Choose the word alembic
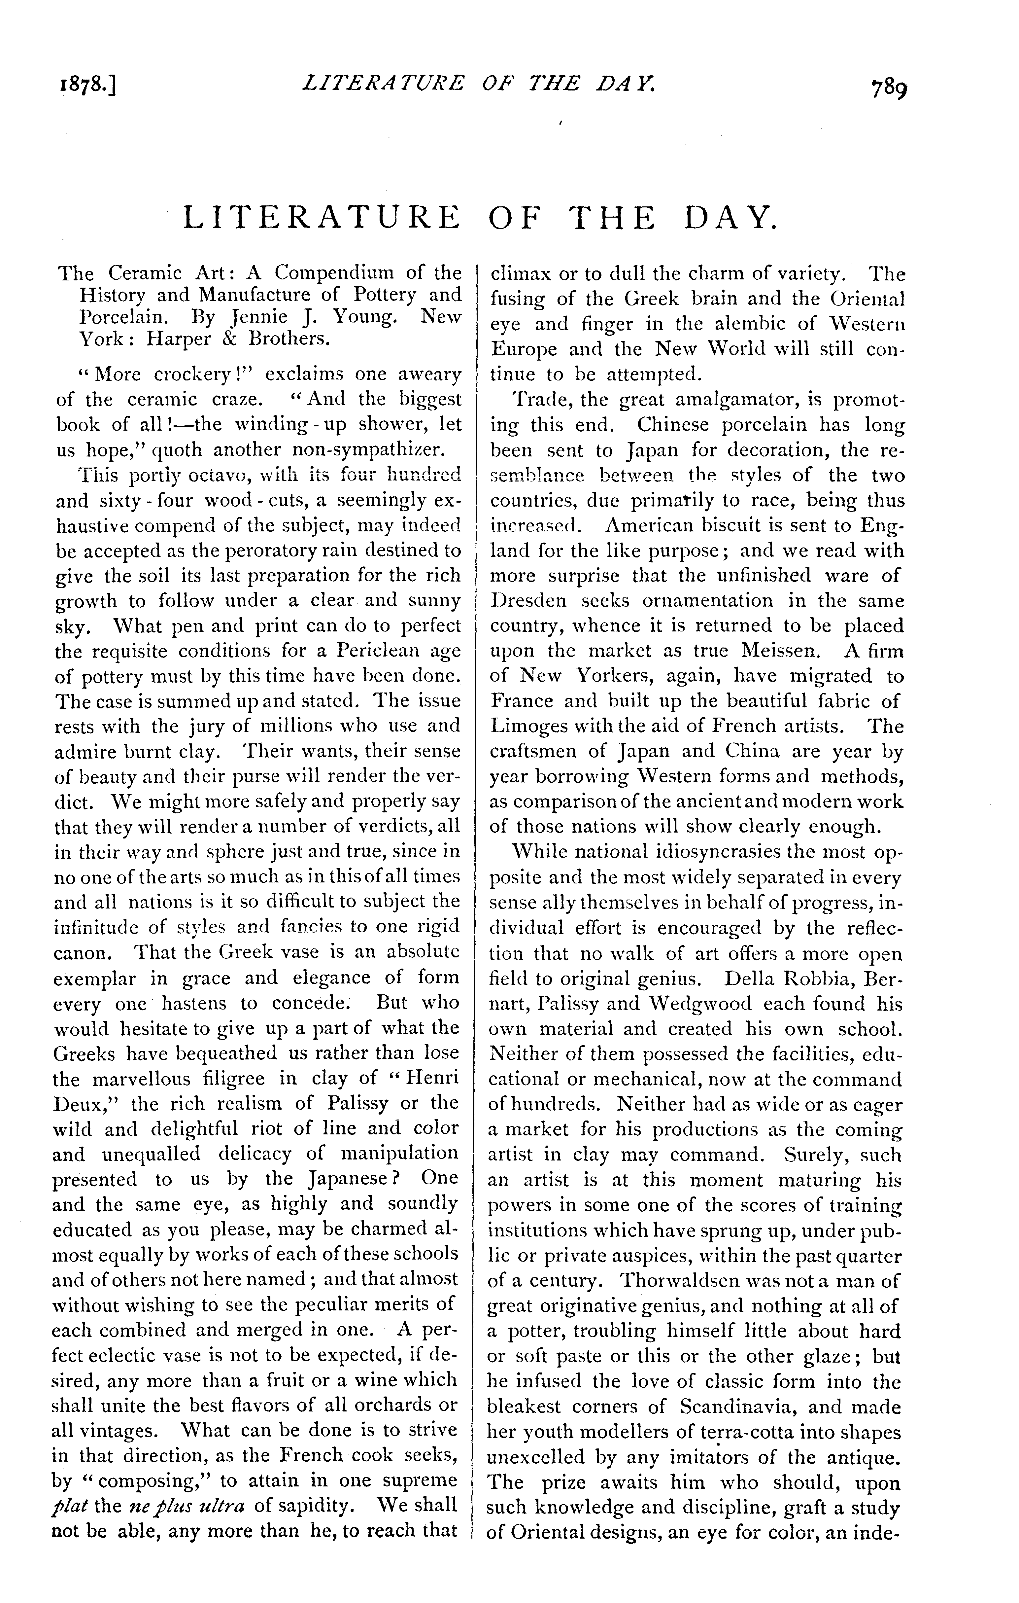click(733, 324)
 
